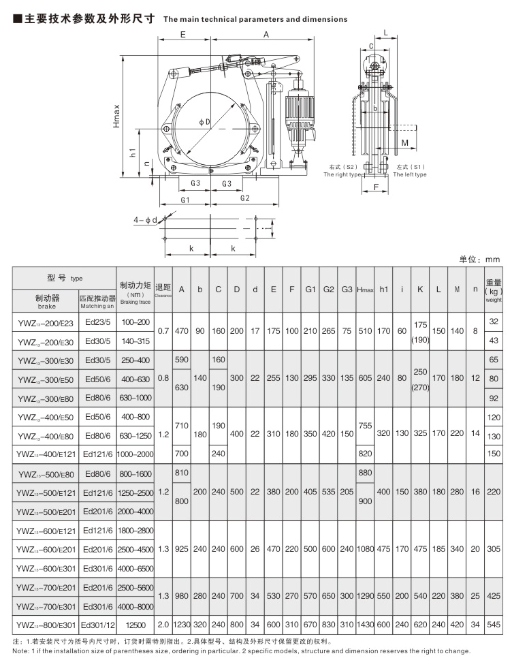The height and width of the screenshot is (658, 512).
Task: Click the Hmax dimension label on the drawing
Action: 117,116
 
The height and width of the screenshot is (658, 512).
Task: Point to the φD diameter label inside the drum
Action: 205,121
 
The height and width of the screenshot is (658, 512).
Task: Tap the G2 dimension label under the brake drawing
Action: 244,198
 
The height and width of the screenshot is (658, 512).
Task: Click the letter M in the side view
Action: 404,143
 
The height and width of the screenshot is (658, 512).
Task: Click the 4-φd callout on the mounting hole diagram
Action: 146,219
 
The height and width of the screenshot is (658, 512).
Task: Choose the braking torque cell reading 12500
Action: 135,623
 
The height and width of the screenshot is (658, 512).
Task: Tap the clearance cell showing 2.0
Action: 163,623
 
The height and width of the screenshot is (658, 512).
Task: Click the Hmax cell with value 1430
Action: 366,623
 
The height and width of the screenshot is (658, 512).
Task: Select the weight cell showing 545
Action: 494,623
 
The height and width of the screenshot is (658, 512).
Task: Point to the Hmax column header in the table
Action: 366,289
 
